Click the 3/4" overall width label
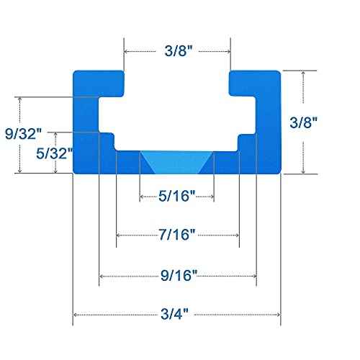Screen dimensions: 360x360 click(177, 315)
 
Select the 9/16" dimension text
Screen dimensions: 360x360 click(177, 276)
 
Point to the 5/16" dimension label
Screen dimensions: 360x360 click(176, 196)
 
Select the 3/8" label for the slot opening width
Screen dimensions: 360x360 click(177, 51)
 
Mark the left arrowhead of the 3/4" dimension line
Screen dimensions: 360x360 click(76, 315)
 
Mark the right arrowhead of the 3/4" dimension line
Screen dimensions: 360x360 click(277, 315)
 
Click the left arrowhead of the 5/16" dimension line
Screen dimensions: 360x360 click(142, 196)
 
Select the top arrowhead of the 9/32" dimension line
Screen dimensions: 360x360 click(22, 99)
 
